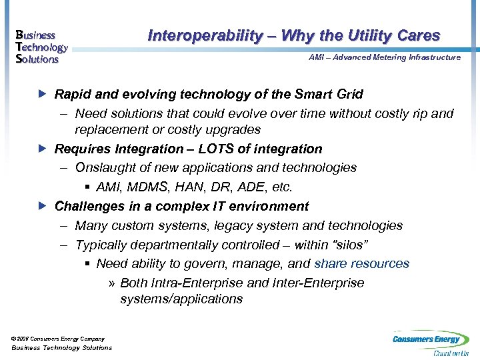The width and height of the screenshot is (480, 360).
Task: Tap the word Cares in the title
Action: (x=418, y=35)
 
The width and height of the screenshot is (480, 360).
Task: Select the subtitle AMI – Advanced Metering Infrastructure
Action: (x=384, y=57)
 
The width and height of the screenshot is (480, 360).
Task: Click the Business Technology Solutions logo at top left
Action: (x=41, y=47)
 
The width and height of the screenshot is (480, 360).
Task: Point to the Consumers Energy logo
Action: (x=430, y=342)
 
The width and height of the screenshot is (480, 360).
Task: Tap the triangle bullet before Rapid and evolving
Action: (x=45, y=94)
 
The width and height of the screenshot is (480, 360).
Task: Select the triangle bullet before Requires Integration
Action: (x=45, y=149)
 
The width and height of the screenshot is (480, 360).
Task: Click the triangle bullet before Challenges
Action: (x=45, y=206)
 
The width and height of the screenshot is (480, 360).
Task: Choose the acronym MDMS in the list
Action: (x=150, y=187)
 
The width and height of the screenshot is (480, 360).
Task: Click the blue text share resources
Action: (x=361, y=264)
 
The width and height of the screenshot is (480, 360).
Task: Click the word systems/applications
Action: (x=181, y=299)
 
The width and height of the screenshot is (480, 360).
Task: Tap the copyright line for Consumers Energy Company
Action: (x=58, y=339)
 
